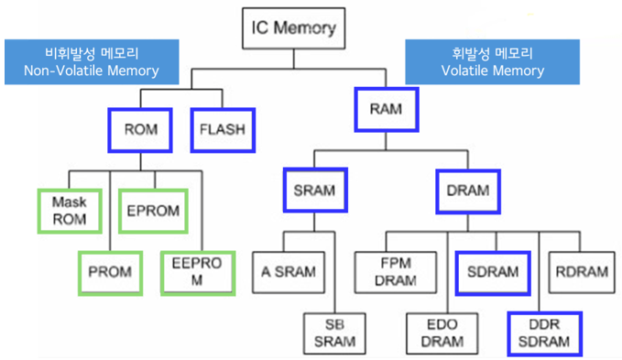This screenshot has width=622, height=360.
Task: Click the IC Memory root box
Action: (294, 29)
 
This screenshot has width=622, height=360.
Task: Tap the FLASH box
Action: (222, 130)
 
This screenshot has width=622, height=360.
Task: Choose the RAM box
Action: (386, 110)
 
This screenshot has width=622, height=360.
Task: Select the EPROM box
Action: (153, 209)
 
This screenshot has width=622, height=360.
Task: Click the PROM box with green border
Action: (109, 272)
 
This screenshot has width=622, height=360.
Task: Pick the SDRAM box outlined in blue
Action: (493, 272)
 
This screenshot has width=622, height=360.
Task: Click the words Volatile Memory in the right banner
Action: (492, 71)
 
